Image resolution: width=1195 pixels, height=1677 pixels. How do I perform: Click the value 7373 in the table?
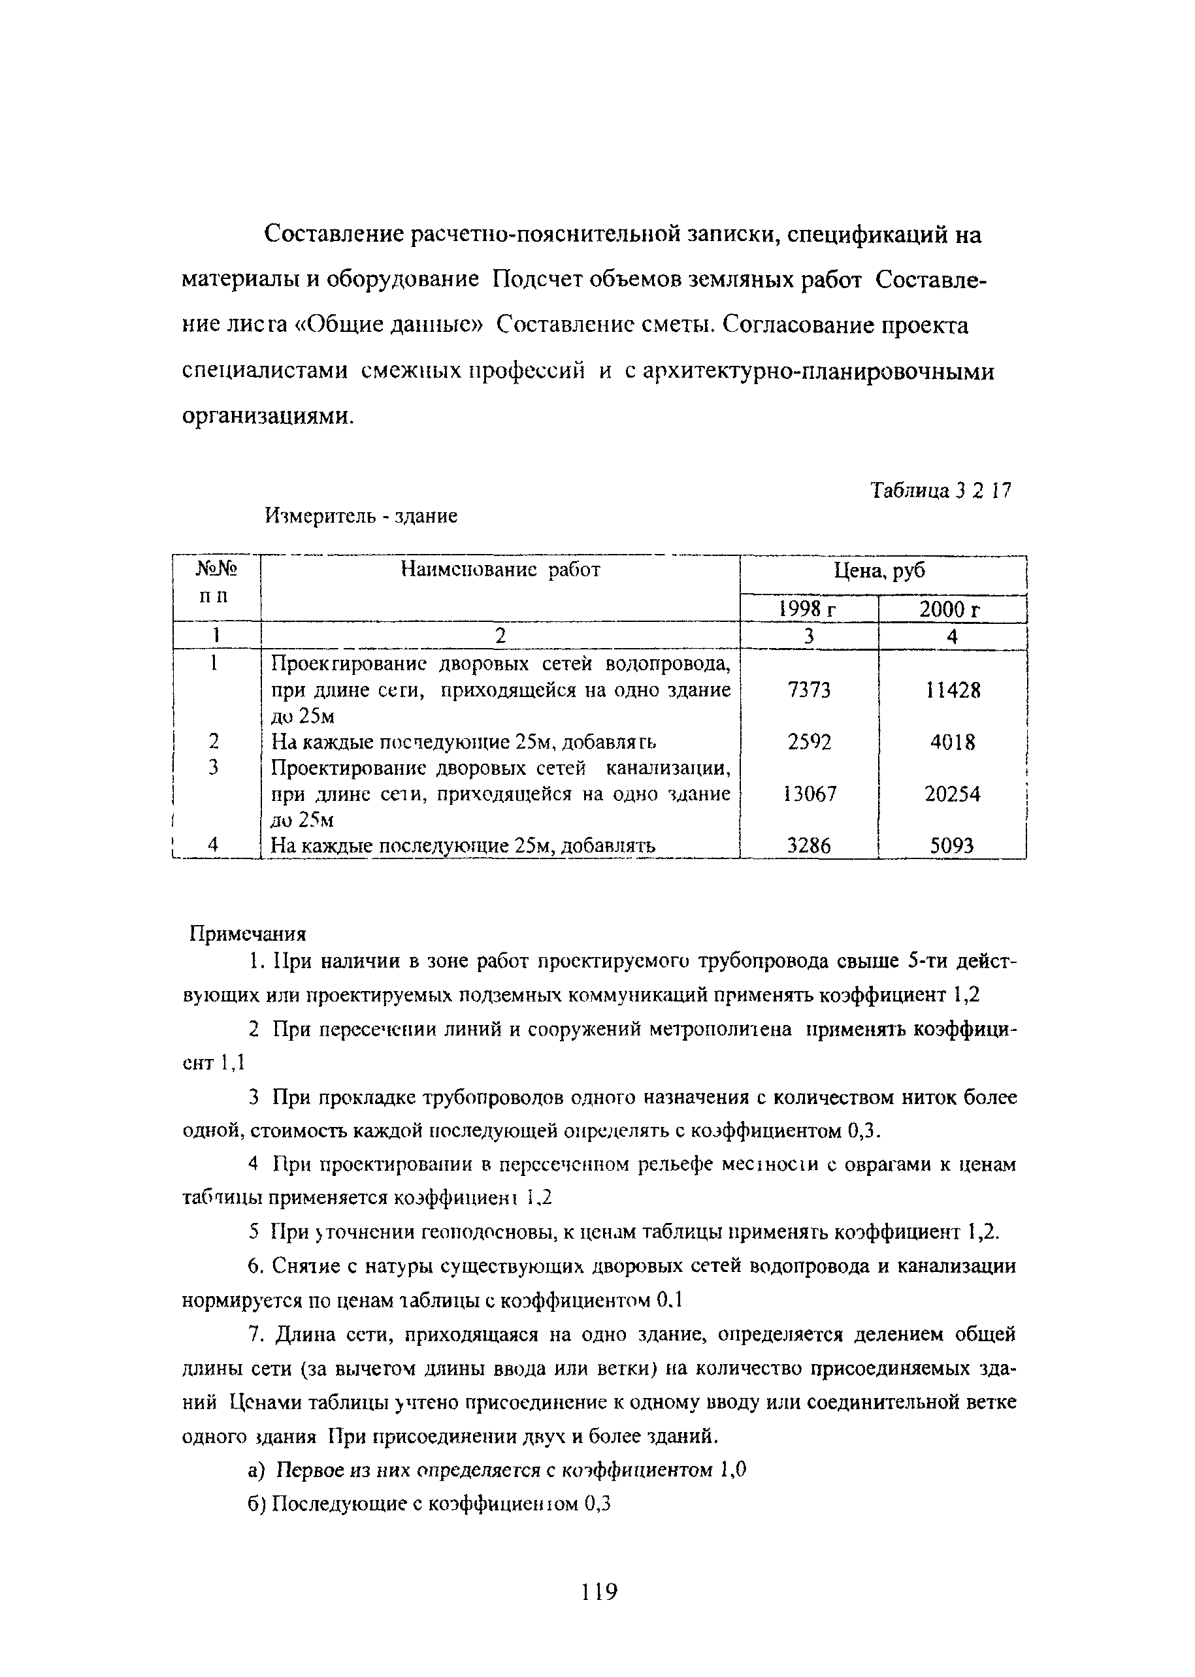(x=808, y=691)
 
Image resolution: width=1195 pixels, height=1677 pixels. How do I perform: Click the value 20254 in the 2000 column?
(x=952, y=794)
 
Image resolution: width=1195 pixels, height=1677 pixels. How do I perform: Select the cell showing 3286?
(x=809, y=846)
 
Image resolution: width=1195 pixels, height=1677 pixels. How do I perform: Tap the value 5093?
(x=951, y=846)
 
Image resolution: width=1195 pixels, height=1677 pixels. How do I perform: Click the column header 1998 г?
(x=808, y=610)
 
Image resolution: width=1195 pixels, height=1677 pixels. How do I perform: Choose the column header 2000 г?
(x=952, y=610)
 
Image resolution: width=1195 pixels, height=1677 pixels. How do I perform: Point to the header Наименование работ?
(x=500, y=570)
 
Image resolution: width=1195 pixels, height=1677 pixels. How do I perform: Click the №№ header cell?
(x=216, y=569)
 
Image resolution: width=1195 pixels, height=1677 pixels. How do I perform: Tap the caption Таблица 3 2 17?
(x=940, y=490)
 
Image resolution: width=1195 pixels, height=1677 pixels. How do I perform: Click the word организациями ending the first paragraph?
(x=267, y=417)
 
